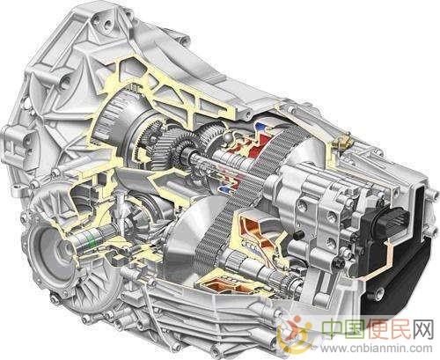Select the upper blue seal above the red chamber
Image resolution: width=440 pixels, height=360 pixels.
260,127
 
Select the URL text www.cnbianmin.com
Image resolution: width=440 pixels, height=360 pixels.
376,349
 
